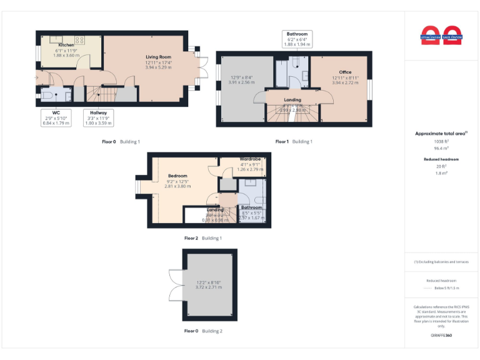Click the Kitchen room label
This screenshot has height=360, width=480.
(66, 46)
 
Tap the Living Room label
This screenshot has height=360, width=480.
(159, 57)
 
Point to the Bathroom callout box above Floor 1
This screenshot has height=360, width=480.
(296, 39)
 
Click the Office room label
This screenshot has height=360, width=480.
(345, 72)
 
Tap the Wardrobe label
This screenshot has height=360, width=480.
(249, 160)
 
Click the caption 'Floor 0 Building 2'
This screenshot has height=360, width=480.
(203, 331)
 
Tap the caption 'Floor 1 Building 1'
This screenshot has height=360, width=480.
(294, 142)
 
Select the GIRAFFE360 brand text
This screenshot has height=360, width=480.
(441, 336)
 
